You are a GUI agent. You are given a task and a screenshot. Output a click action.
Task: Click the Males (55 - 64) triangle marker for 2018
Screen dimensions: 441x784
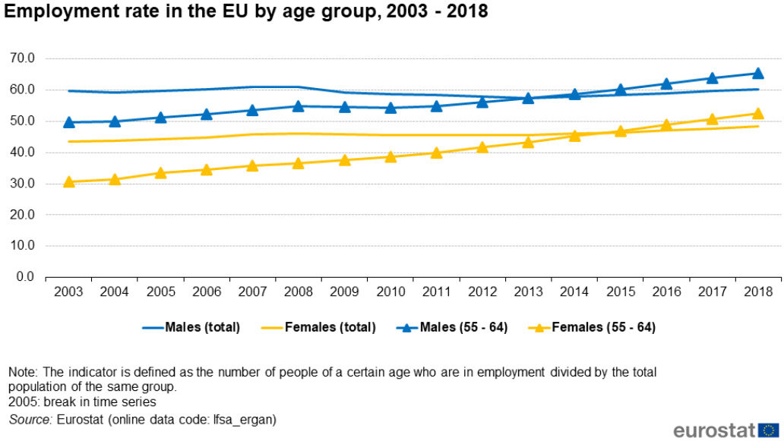[757, 74]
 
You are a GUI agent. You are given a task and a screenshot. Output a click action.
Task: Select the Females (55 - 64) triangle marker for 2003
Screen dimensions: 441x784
[69, 181]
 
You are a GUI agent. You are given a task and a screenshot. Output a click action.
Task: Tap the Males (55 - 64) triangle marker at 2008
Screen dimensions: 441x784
[299, 106]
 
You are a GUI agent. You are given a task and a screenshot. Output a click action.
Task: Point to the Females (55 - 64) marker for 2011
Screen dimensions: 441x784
[436, 153]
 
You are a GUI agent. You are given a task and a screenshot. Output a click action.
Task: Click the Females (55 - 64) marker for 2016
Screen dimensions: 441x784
[665, 125]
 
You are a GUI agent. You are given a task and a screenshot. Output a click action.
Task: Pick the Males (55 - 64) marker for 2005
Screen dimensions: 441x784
[161, 118]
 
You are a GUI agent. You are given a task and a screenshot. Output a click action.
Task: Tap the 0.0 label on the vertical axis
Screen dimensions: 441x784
[27, 277]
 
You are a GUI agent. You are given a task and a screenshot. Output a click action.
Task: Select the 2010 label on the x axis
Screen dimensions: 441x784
[390, 292]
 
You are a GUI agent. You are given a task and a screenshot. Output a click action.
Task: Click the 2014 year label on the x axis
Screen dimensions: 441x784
[574, 292]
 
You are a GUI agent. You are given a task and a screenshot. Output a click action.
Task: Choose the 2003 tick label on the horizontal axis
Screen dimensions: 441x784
[69, 292]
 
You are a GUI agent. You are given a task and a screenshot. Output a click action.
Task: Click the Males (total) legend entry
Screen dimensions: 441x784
[191, 328]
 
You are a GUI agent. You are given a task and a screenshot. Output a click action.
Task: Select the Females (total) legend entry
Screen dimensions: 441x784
[319, 328]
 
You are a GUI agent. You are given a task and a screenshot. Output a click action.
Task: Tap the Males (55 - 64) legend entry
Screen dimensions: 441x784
[452, 328]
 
